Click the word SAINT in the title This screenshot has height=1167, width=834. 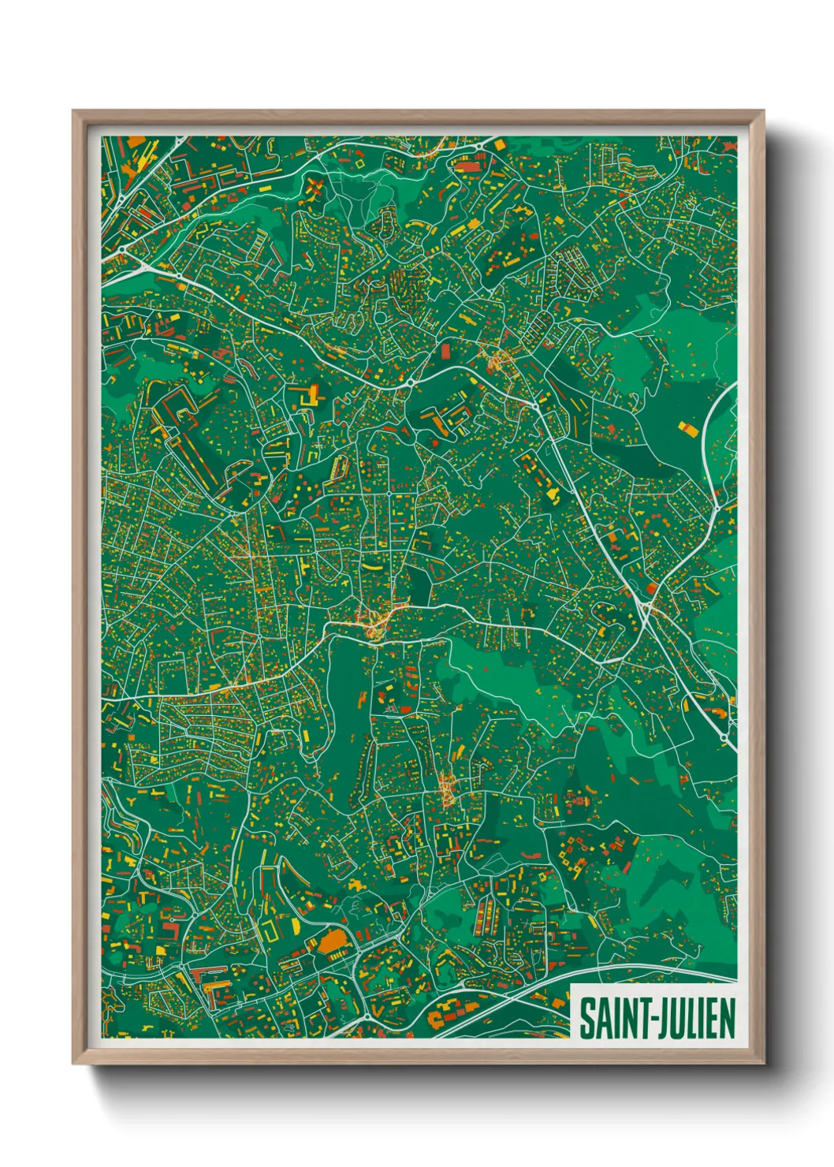click(614, 1018)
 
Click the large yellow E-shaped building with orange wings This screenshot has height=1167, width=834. click(309, 395)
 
